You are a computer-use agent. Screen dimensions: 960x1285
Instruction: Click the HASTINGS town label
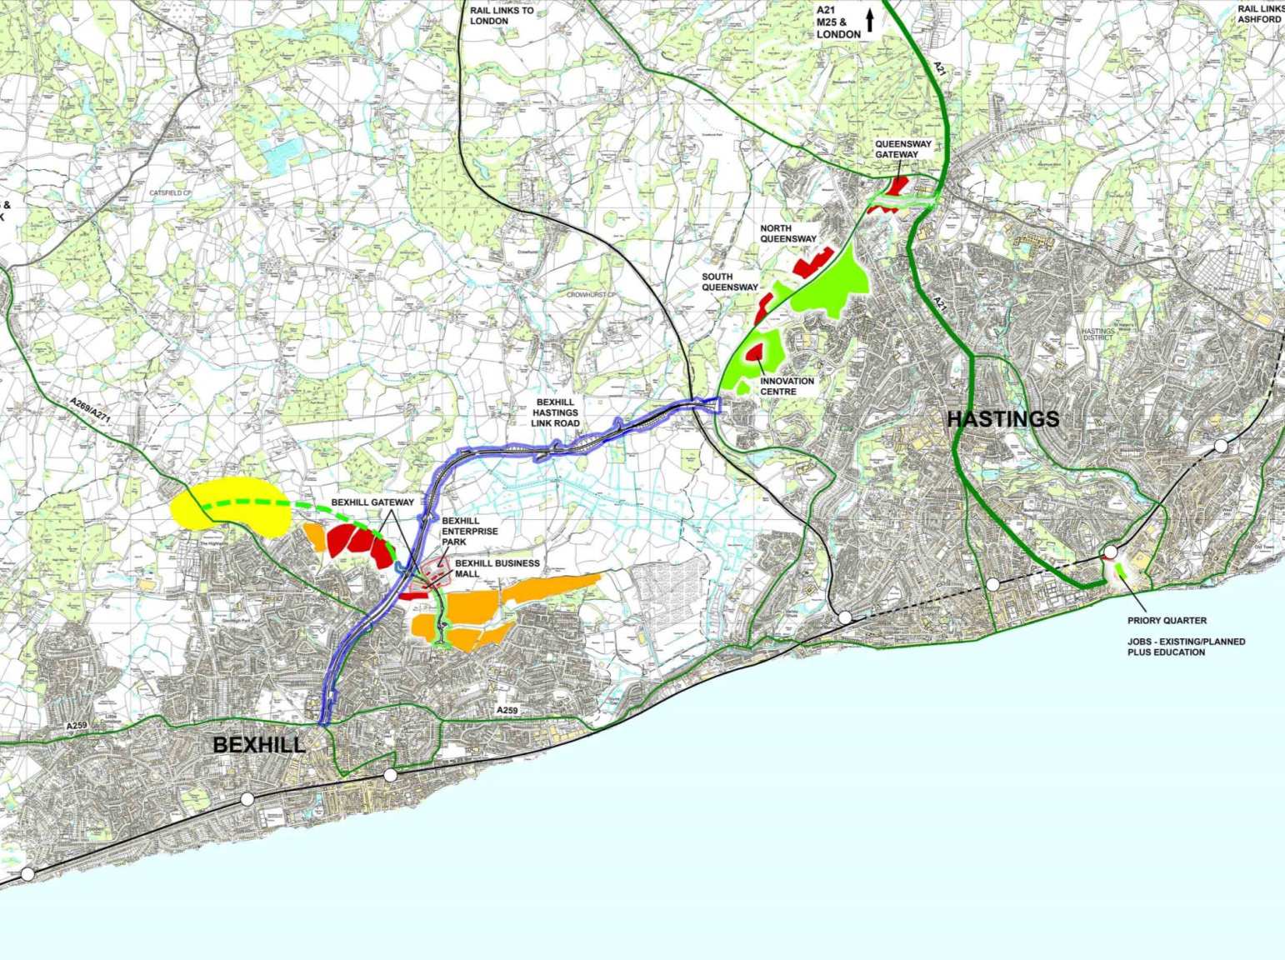[1003, 419]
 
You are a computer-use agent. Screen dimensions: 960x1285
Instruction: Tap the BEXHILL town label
[259, 744]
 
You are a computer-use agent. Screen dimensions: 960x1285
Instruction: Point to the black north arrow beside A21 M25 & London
[870, 20]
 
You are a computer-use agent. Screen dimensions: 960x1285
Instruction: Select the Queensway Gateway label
[897, 149]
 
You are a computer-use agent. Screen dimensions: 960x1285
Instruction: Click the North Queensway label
[787, 233]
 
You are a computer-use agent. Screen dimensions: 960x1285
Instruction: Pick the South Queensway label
[728, 282]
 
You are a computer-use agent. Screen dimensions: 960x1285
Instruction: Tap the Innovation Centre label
[787, 386]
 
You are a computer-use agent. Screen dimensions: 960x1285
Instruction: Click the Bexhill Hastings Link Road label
[567, 412]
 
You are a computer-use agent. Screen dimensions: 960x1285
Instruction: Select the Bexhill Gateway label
[372, 502]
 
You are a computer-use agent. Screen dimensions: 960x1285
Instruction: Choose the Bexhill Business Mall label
[497, 568]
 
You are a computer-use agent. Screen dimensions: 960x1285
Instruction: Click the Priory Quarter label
[1167, 620]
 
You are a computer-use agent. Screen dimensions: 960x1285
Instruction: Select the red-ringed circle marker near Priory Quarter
[1109, 552]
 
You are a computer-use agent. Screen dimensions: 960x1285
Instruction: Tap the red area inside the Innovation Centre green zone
[756, 352]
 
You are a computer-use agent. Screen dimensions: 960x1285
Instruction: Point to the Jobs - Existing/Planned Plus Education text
[1186, 647]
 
